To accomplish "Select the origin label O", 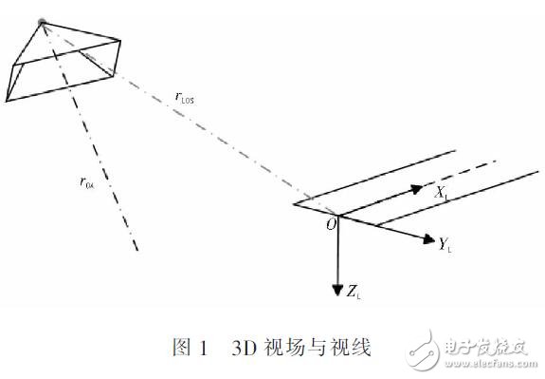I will [330, 225].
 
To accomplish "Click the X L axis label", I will [442, 193].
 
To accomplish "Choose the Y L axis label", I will [443, 244].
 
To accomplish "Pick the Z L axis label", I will [354, 292].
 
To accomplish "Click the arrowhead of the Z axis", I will [336, 287].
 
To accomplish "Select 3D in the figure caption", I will [243, 348].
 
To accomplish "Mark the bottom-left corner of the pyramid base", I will [7, 98].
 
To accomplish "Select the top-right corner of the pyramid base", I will [121, 40].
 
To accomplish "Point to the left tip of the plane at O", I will [295, 203].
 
